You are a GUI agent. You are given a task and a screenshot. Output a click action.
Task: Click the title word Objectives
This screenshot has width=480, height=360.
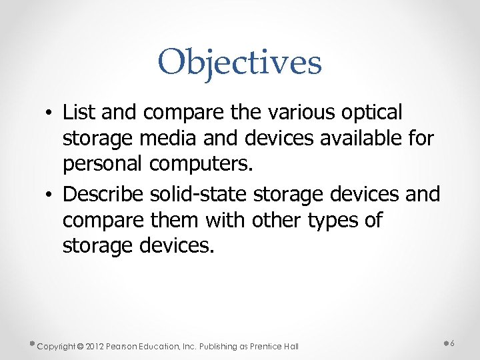coord(240,63)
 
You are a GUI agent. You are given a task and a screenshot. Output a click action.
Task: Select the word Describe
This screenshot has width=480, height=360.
coord(103,194)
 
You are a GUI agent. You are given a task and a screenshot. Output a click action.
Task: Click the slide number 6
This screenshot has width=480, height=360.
coord(453,343)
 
